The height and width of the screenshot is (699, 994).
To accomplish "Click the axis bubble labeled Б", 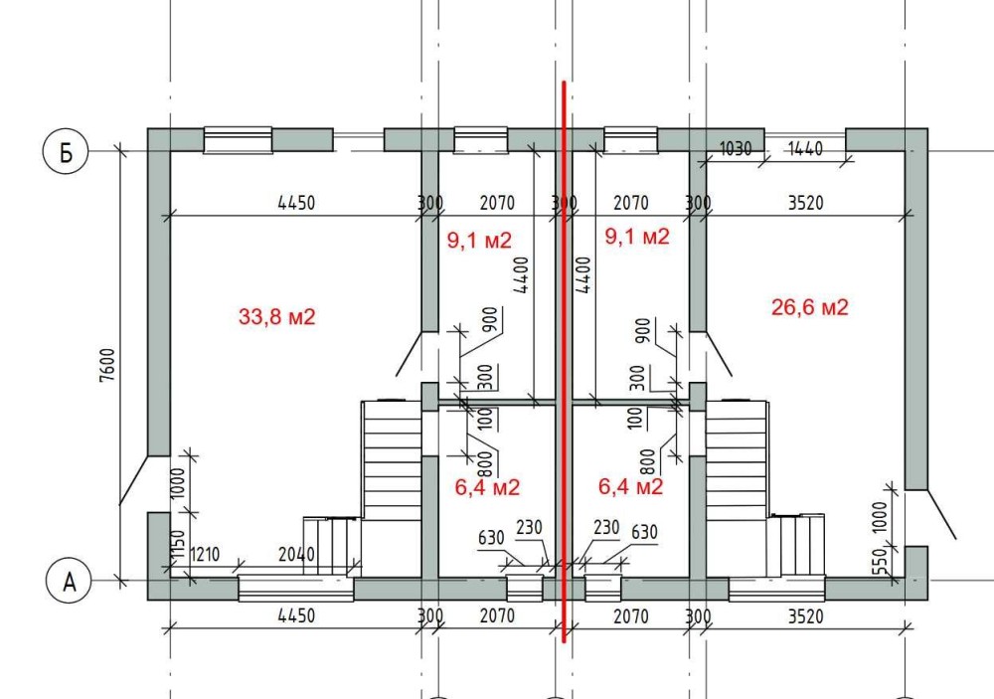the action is pyautogui.click(x=66, y=151).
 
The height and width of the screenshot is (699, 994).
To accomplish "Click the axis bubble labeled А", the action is pyautogui.click(x=70, y=581).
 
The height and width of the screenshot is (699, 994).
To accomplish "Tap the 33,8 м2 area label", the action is pyautogui.click(x=276, y=316).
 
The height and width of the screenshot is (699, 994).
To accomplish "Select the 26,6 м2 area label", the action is pyautogui.click(x=809, y=307).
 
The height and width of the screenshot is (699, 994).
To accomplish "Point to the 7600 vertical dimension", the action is pyautogui.click(x=107, y=365).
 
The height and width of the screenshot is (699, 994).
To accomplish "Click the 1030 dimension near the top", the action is pyautogui.click(x=736, y=148).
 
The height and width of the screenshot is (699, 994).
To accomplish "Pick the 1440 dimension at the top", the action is pyautogui.click(x=804, y=148).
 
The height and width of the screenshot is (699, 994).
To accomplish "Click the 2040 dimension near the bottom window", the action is pyautogui.click(x=296, y=555).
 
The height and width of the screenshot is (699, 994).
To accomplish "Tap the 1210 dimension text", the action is pyautogui.click(x=205, y=555).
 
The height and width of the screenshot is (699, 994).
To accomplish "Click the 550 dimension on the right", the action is pyautogui.click(x=880, y=561).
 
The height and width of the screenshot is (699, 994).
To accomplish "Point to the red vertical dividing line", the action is pyautogui.click(x=564, y=362).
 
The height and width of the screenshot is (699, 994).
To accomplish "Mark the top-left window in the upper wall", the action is pyautogui.click(x=238, y=140).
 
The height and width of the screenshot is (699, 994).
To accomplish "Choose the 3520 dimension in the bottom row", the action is pyautogui.click(x=806, y=615).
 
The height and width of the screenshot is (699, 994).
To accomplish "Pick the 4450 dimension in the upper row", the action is pyautogui.click(x=296, y=203).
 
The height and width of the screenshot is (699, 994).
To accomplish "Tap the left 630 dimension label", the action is pyautogui.click(x=491, y=538).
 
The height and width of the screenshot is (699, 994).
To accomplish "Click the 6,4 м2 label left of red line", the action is pyautogui.click(x=487, y=487).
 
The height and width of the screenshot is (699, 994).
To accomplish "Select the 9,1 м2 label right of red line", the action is pyautogui.click(x=637, y=237).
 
